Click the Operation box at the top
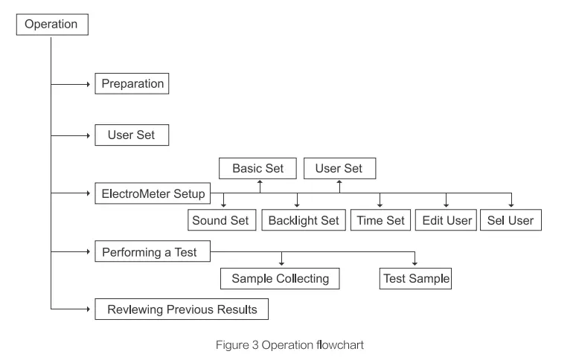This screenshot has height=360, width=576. point(51,24)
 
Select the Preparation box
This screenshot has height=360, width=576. point(132,83)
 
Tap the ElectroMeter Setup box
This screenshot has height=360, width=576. point(153,195)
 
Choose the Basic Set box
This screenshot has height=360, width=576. point(257,168)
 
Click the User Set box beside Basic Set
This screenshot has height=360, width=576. point(339,168)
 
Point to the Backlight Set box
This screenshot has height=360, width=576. point(303,220)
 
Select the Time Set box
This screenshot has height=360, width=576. point(380,220)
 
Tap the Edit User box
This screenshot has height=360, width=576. point(447,220)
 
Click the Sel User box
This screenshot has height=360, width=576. point(511,220)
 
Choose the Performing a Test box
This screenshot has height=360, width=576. point(152,252)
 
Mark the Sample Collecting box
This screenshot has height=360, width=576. point(280,279)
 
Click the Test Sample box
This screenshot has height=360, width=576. point(415,279)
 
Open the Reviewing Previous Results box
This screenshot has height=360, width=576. point(181,308)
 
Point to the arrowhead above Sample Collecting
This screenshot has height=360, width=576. point(281,264)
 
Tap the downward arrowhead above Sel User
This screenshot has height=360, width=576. point(511,205)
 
